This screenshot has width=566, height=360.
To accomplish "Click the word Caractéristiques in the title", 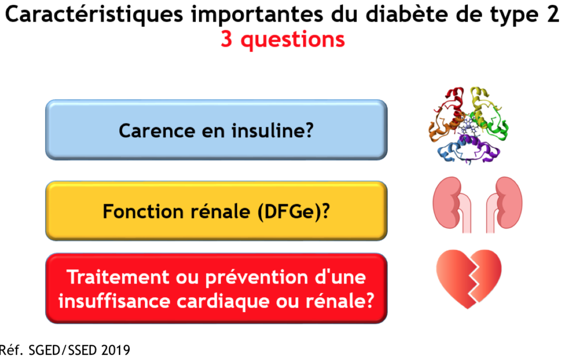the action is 94,15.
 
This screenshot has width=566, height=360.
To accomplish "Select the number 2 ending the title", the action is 553,14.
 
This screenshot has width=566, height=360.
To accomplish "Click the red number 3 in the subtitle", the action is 226,39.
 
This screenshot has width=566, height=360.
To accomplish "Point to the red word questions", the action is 293,40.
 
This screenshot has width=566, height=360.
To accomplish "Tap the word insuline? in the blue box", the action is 273,130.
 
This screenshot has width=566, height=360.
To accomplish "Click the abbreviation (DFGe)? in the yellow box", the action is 293,212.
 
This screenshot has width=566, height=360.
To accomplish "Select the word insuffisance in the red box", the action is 114,301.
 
